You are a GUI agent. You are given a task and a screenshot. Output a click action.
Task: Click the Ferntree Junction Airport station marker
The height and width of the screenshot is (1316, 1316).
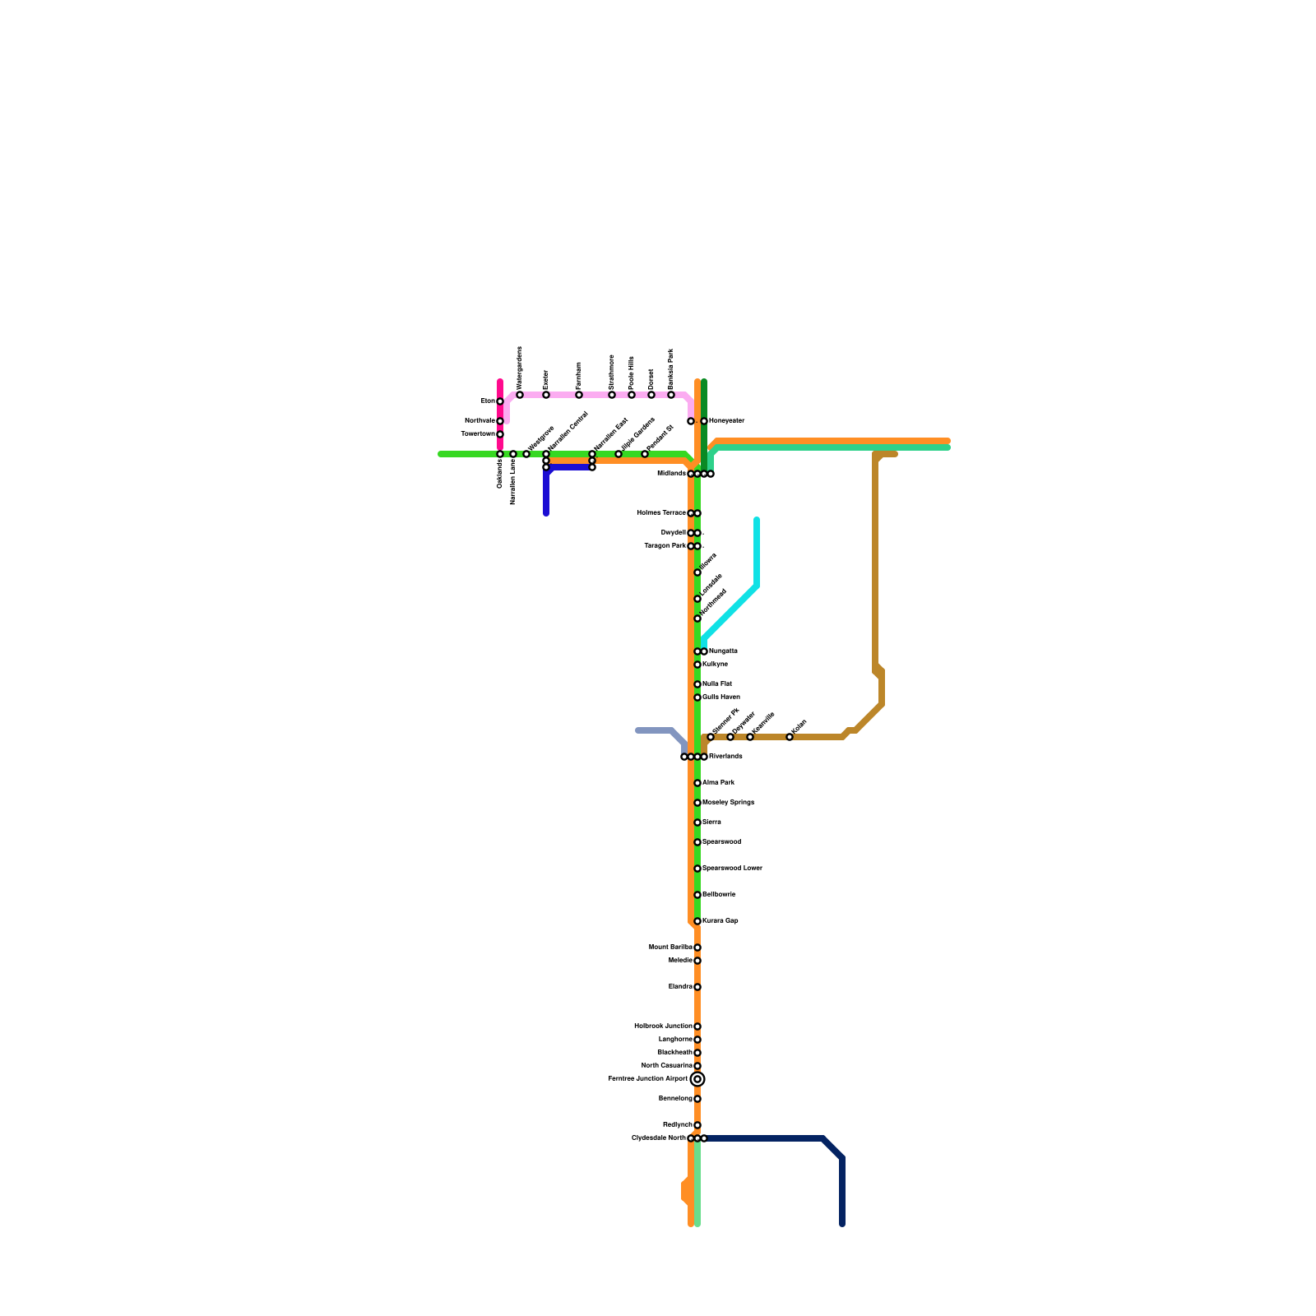(697, 1079)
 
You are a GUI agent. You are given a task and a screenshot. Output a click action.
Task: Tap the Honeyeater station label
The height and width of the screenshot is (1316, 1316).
(726, 421)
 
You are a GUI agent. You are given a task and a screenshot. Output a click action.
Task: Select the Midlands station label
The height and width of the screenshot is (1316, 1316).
(671, 474)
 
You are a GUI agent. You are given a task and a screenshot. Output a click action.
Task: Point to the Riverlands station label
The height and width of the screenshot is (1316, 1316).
(725, 757)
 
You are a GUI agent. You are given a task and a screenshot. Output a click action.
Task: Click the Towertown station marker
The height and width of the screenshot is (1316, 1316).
(500, 434)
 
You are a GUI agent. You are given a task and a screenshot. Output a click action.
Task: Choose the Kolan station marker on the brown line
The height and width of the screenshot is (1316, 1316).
(790, 737)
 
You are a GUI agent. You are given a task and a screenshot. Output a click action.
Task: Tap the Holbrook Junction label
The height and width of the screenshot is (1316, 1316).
(663, 1026)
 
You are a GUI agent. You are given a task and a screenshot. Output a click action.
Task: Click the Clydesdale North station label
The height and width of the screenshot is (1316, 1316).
(658, 1138)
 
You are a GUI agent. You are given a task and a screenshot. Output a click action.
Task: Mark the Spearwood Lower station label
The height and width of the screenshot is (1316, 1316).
(732, 869)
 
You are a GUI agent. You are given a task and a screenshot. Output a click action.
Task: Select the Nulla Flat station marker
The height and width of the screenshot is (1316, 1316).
(697, 684)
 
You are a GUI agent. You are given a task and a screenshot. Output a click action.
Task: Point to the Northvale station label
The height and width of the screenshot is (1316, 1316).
(480, 421)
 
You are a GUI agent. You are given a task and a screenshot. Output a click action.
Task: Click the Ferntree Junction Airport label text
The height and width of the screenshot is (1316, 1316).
(647, 1079)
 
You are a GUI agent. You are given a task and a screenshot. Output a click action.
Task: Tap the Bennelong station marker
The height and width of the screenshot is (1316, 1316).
(697, 1099)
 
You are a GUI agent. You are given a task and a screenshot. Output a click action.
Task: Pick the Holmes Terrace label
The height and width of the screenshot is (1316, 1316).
(661, 513)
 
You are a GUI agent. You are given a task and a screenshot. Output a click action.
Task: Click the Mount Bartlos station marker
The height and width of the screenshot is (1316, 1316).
(697, 948)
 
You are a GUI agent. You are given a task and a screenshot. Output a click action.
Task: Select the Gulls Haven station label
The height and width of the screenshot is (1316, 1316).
(721, 697)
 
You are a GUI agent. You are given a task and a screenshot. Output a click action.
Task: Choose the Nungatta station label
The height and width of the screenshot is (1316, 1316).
(723, 651)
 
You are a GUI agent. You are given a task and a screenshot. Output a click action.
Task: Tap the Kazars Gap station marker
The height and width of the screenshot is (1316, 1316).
(697, 921)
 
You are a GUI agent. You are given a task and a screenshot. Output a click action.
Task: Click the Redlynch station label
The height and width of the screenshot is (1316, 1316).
(677, 1125)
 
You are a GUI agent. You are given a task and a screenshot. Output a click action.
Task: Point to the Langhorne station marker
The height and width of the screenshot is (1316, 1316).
(697, 1040)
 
